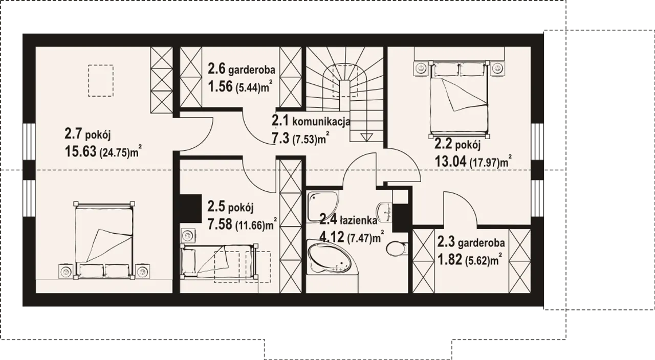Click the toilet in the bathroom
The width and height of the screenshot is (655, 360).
(397, 249)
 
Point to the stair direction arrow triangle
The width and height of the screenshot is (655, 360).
(366, 137)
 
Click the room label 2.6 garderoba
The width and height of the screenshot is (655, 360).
(242, 69)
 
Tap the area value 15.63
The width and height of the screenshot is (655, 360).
(80, 151)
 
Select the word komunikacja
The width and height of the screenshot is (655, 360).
(321, 121)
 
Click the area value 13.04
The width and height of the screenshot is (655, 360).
(451, 161)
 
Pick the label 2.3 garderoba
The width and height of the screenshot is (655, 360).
(471, 242)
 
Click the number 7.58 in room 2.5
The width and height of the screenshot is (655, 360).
(220, 224)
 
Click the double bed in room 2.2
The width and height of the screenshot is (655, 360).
(459, 99)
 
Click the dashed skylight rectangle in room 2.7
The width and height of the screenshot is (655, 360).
(101, 81)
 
